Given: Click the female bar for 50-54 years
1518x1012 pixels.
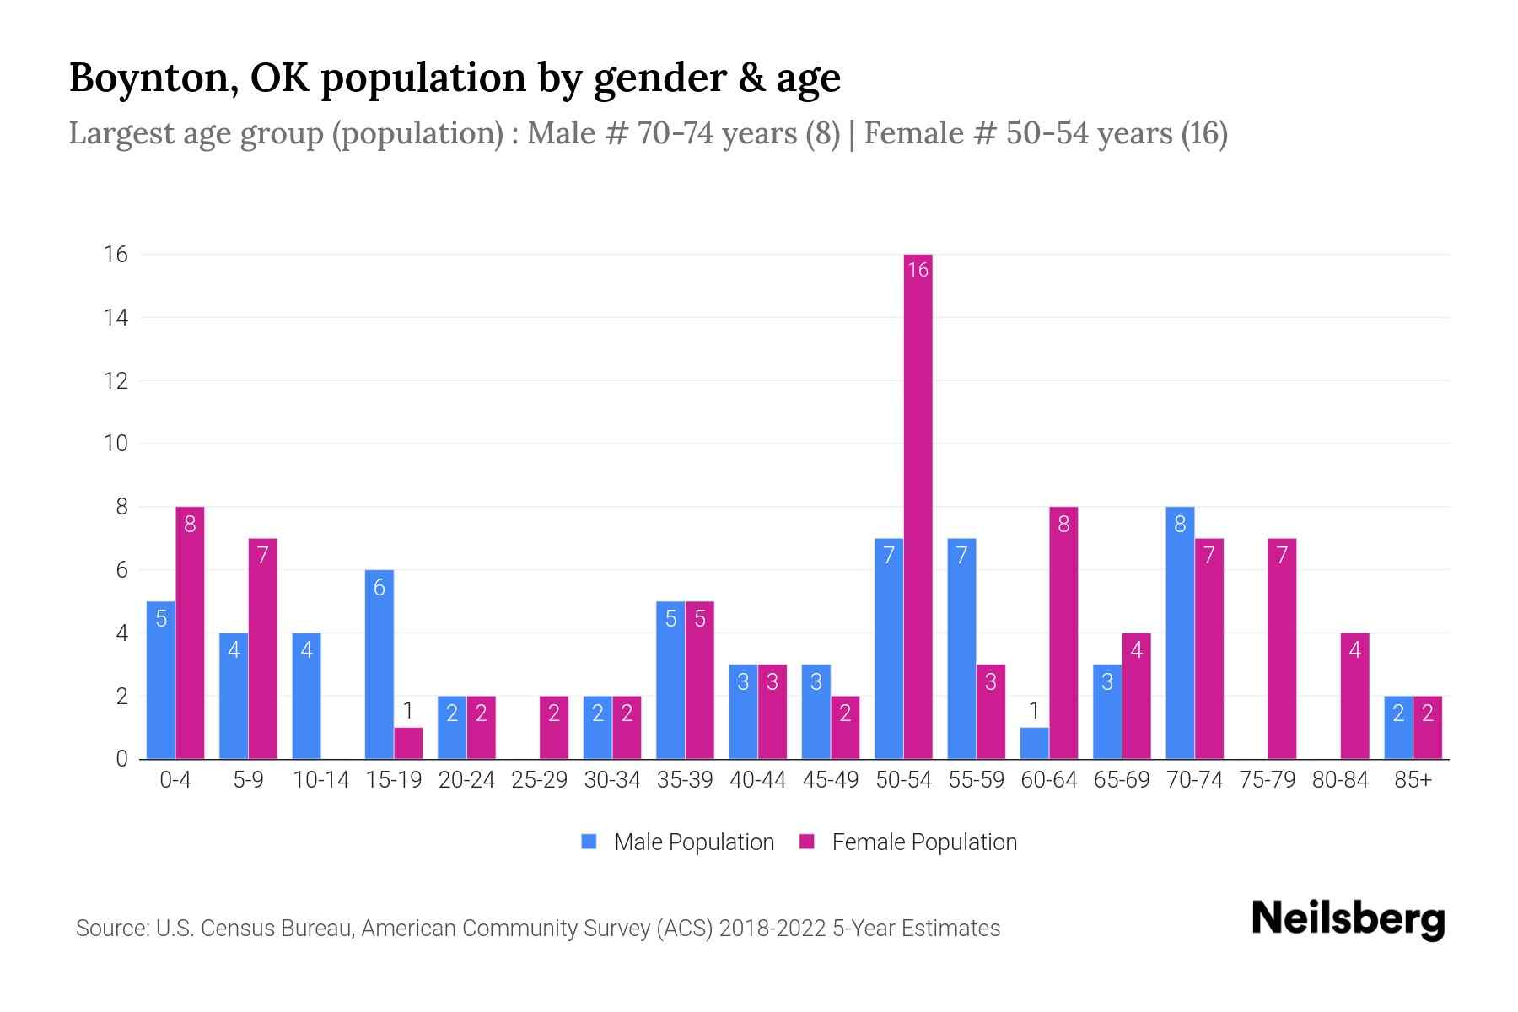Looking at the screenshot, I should [x=918, y=506].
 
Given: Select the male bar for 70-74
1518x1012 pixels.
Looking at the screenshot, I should [x=1180, y=632].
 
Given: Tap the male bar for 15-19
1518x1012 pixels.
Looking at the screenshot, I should [x=379, y=665].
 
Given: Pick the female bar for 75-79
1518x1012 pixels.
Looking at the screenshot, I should [x=1281, y=649].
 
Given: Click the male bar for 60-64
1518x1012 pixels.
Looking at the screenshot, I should [x=1034, y=743].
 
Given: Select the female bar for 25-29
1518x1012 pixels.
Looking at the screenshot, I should [x=554, y=727].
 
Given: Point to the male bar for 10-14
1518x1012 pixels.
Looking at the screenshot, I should [x=306, y=696].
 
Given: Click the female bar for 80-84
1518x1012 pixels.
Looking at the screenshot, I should [x=1354, y=696].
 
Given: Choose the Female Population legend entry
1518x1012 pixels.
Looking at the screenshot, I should [x=908, y=842].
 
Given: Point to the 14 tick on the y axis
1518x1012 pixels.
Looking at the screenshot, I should [x=116, y=318].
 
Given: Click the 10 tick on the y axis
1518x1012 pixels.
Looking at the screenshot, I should [x=116, y=444].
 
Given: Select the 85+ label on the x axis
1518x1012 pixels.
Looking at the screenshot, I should [x=1413, y=780].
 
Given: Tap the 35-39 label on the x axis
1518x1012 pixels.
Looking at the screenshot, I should [x=685, y=780].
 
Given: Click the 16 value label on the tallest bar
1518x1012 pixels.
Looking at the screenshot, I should [x=918, y=270].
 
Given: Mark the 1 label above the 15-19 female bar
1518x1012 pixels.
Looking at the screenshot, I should [x=408, y=711].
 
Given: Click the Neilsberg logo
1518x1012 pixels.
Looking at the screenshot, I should [x=1348, y=919].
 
